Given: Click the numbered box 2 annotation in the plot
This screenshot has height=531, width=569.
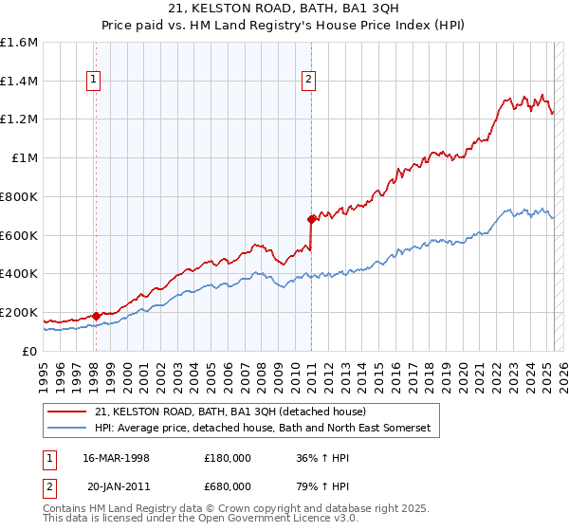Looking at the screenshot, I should [x=309, y=81].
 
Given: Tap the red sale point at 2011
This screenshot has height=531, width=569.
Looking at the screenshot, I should [x=310, y=219].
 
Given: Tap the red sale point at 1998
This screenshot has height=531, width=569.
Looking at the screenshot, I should [x=96, y=316].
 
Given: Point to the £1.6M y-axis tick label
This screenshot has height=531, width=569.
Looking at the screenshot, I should [x=19, y=43].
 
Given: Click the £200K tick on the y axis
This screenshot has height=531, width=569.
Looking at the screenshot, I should [x=19, y=312].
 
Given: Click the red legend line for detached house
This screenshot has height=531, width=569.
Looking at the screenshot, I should [x=67, y=412].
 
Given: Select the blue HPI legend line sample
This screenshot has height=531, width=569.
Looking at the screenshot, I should [x=67, y=429].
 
